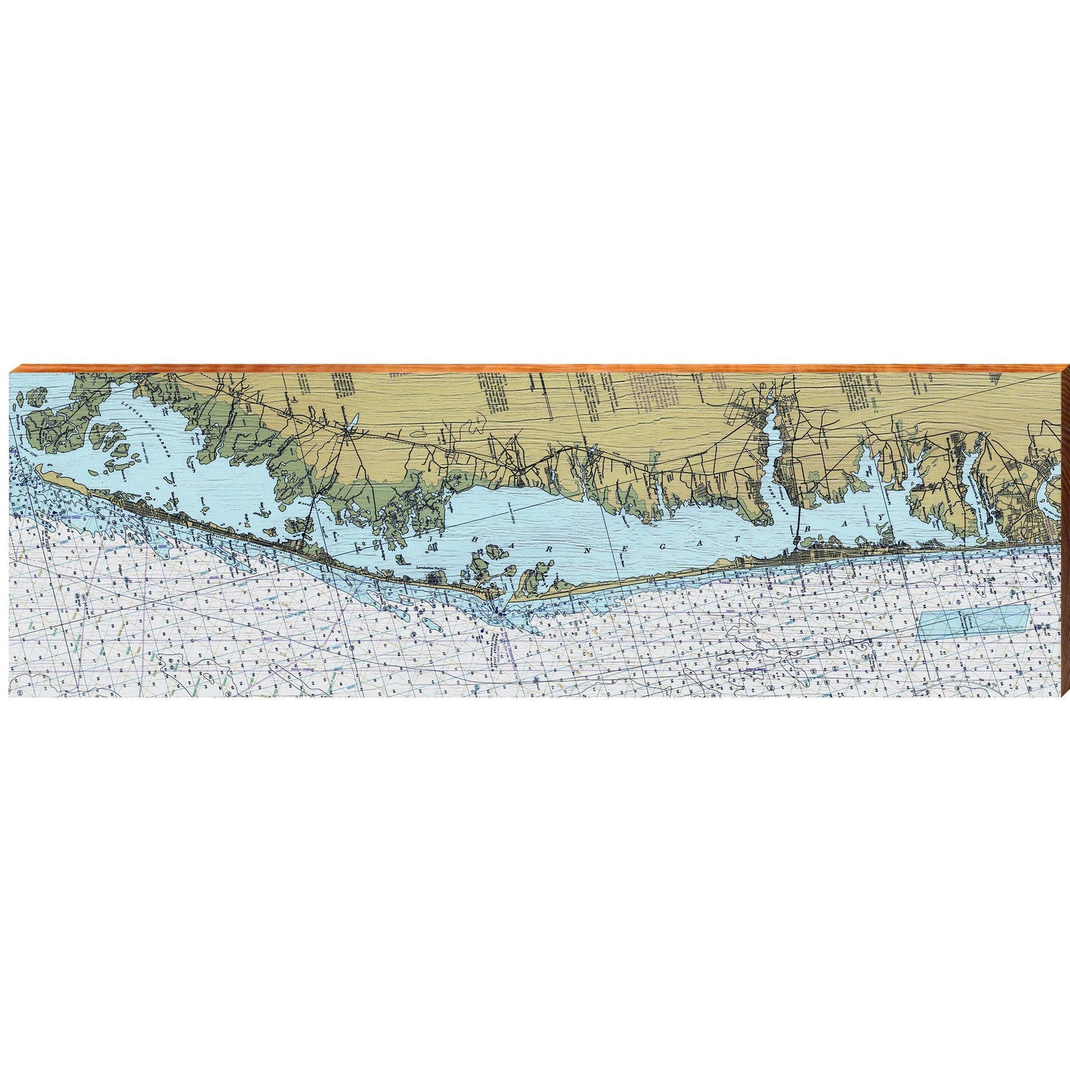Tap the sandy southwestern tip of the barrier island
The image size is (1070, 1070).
point(46,472)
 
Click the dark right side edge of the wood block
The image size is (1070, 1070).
point(1065,533)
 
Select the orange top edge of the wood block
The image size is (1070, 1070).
point(533,368)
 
